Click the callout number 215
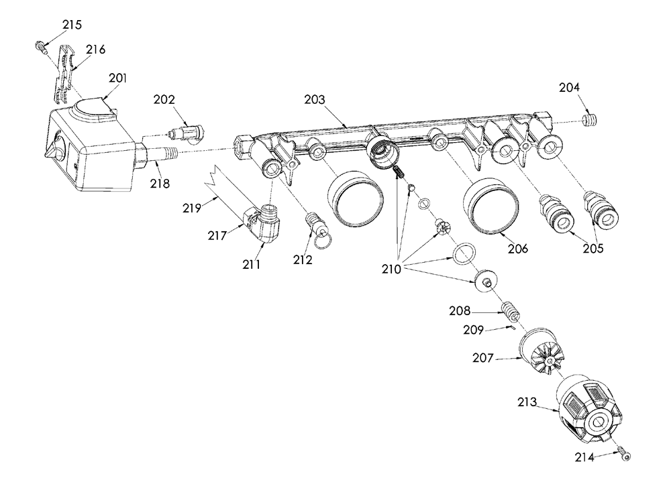(72, 25)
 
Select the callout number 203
(315, 100)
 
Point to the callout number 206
(518, 249)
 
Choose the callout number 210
(392, 269)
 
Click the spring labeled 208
(510, 311)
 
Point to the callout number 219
(192, 208)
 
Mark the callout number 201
(117, 78)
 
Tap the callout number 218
(160, 184)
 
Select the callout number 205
(593, 248)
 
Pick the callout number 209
(473, 330)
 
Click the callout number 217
(217, 235)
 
